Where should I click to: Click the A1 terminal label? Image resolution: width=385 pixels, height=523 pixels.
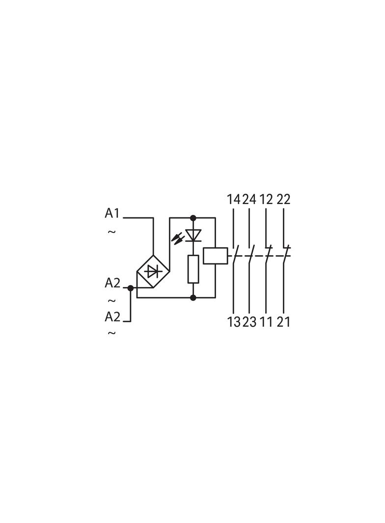112,213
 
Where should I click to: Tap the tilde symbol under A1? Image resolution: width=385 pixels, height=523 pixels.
111,231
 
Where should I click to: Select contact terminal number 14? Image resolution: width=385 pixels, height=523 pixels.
233,199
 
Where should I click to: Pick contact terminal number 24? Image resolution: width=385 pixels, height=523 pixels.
249,199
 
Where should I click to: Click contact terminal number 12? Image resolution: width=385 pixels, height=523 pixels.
266,199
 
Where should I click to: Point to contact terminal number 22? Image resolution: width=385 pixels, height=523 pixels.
283,199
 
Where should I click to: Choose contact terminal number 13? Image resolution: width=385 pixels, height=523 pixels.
234,322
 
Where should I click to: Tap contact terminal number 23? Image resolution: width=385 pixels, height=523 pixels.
249,322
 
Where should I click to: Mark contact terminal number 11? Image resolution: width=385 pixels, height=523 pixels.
266,322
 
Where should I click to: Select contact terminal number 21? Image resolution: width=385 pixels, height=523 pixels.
283,322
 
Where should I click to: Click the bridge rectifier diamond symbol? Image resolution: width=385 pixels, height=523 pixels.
153,272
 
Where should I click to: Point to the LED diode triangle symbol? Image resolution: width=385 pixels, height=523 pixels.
193,235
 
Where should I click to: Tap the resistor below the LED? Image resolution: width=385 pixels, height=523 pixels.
193,269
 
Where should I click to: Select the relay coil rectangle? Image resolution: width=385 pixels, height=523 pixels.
216,256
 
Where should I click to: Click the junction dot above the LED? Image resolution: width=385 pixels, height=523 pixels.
193,218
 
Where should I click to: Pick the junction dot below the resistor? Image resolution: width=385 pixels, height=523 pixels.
193,297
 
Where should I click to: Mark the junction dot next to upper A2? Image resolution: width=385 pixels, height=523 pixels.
131,288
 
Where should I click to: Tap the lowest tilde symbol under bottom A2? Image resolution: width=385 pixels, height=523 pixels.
111,333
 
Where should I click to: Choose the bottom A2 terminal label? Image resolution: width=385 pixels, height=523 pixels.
112,316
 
